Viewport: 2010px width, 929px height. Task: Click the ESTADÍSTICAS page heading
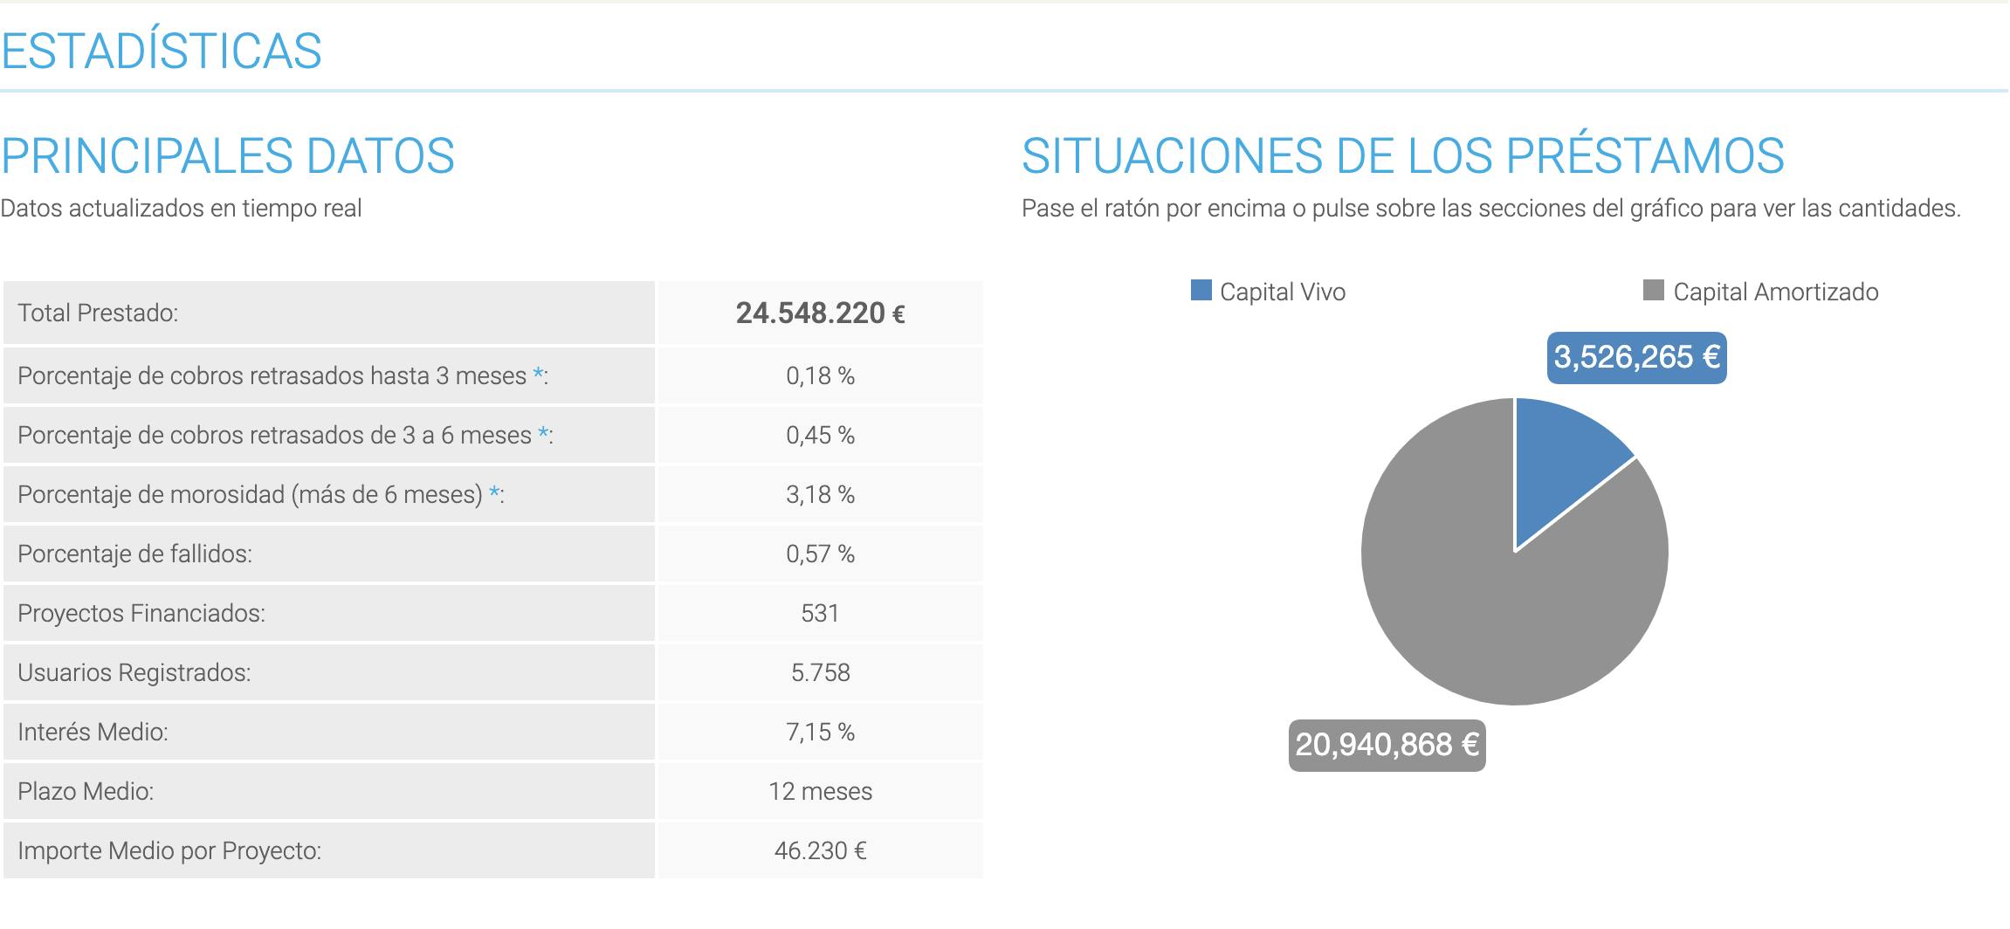(162, 51)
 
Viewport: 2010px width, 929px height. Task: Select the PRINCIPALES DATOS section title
(228, 156)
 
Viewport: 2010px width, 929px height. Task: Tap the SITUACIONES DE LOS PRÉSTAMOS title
(1402, 156)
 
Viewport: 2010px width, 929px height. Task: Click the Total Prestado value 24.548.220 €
(820, 313)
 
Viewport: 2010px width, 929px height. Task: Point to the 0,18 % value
(820, 375)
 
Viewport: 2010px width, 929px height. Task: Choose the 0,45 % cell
(820, 435)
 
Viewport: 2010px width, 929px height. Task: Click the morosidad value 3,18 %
(820, 494)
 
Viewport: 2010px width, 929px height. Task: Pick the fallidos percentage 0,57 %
(820, 554)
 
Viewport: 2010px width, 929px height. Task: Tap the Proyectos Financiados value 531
(820, 613)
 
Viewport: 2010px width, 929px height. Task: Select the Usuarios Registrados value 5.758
(820, 672)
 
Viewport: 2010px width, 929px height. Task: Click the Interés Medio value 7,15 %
(820, 732)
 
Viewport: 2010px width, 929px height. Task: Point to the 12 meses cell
(820, 791)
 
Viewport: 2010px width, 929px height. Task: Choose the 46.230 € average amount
(820, 850)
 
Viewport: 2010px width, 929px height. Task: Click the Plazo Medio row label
(86, 791)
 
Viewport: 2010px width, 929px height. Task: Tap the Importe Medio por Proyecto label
(169, 850)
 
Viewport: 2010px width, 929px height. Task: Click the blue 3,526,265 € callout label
(1636, 357)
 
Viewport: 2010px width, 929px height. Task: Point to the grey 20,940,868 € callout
(1387, 745)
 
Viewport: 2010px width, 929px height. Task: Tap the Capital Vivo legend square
(1201, 291)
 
